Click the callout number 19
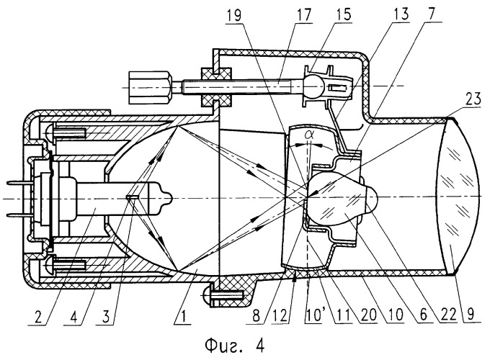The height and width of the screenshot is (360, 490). (x=234, y=16)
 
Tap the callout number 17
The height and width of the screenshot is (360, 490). (x=304, y=15)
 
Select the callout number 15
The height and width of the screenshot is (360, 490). (x=344, y=14)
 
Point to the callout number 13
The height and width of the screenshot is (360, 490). (x=401, y=14)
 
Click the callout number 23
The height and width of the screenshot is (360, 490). (x=473, y=99)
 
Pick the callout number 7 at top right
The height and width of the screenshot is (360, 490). (x=432, y=14)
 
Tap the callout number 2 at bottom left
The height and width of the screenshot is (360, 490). (x=37, y=318)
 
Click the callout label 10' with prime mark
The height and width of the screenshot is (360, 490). (x=313, y=315)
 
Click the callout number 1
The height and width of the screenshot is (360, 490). (x=184, y=317)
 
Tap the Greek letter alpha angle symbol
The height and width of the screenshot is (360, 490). (x=308, y=134)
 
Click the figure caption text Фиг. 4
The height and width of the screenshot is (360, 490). (x=235, y=346)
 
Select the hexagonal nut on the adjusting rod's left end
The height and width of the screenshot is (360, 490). (x=150, y=87)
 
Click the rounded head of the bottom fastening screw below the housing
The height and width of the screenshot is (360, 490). (x=208, y=294)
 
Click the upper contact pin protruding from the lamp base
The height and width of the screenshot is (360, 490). (x=19, y=183)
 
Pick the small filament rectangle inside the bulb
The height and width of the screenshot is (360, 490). (x=130, y=198)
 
